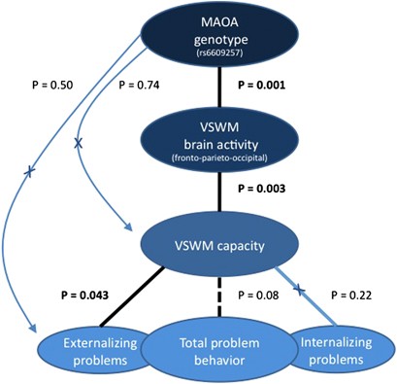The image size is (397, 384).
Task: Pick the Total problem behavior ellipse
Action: [212, 349]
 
